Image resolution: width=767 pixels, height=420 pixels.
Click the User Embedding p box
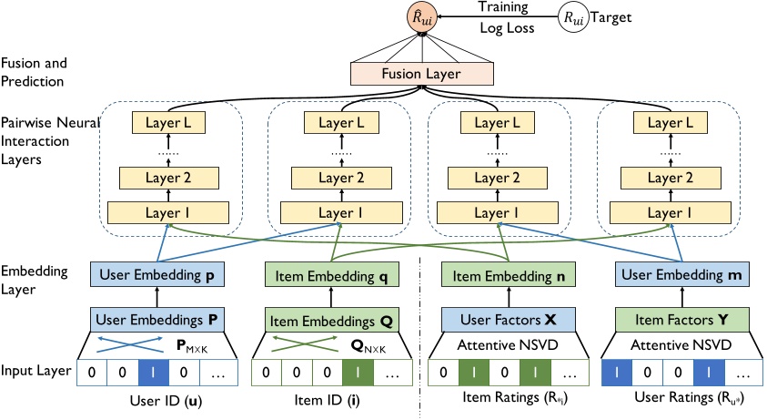pos(156,274)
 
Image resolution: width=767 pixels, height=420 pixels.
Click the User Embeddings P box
pos(156,320)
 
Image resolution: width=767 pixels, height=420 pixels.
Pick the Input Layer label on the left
pos(35,373)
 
